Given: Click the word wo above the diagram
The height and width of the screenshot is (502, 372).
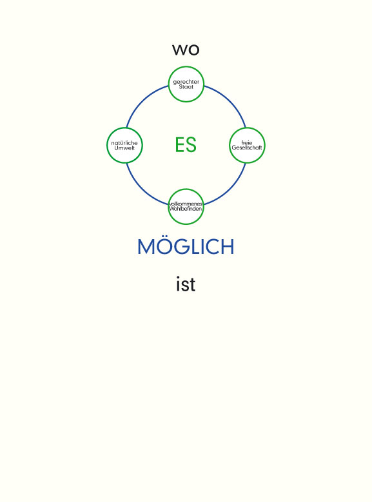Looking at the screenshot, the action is click(186, 50).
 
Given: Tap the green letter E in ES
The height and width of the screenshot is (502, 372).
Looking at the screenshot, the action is click(180, 145).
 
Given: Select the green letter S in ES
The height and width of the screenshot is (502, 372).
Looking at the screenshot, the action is click(191, 145).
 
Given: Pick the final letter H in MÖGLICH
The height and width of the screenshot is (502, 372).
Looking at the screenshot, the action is click(228, 247).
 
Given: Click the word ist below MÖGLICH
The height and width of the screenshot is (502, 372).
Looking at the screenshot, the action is click(186, 284).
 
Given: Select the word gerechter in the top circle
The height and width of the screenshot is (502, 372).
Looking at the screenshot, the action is click(186, 82).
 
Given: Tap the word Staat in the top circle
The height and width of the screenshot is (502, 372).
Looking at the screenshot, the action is click(186, 87).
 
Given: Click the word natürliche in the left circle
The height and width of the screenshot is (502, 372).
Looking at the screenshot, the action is click(124, 143).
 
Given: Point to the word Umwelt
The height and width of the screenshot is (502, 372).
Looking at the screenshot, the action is click(124, 148).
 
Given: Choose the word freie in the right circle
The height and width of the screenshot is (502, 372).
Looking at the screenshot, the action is click(247, 142).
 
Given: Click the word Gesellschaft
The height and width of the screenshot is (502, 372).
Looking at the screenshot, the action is click(247, 148).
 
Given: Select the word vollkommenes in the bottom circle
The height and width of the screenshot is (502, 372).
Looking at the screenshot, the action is click(186, 204).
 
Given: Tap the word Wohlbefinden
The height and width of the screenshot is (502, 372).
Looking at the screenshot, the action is click(186, 209).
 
